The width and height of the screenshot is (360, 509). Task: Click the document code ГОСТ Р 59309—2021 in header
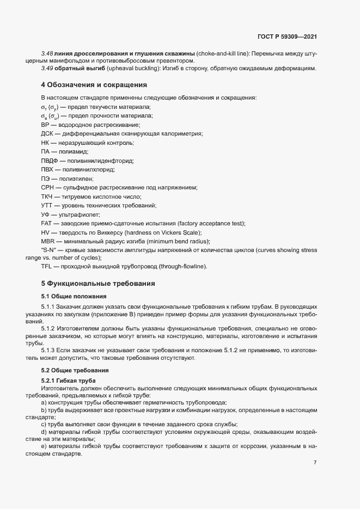[x=286, y=36]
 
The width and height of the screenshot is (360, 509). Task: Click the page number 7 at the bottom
[x=315, y=463]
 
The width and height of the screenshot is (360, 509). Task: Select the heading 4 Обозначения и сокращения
[x=94, y=84]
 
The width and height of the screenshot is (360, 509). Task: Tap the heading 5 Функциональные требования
[x=99, y=284]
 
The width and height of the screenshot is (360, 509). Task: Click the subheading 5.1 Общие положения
[x=74, y=296]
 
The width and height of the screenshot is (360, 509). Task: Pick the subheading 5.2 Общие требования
[x=74, y=370]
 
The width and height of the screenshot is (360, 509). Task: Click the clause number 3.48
[x=47, y=54]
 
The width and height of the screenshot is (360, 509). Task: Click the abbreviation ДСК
[x=47, y=133]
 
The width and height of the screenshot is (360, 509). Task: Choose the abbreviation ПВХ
[x=47, y=170]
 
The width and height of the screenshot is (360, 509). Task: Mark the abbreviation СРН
[x=47, y=188]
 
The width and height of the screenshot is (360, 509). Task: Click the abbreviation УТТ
[x=47, y=205]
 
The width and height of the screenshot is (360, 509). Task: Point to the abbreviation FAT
[x=47, y=224]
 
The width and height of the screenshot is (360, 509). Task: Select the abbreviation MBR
[x=47, y=242]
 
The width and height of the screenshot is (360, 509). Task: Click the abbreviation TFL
[x=47, y=266]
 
